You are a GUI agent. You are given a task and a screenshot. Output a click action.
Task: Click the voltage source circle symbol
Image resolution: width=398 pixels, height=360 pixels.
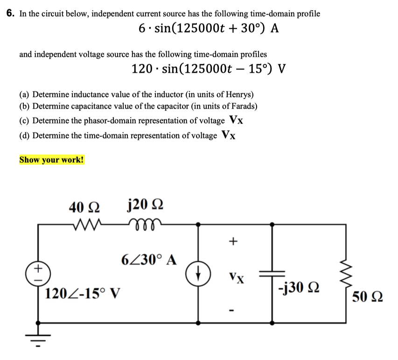(x=38, y=273)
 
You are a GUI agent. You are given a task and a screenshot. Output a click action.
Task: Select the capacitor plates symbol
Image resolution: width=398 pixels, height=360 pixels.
(x=272, y=275)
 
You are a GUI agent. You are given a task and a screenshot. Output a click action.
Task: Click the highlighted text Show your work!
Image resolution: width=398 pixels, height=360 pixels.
(x=52, y=160)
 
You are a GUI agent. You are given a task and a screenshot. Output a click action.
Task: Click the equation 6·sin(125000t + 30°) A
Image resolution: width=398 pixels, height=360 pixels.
(x=209, y=29)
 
